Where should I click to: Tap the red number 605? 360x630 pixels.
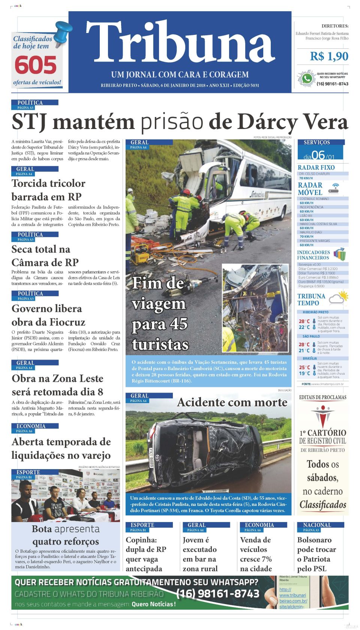pyautogui.click(x=36, y=65)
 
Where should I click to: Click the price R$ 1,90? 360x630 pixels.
pyautogui.click(x=329, y=57)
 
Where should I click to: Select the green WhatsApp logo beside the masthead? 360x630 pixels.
pyautogui.click(x=307, y=79)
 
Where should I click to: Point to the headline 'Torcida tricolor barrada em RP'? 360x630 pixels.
pyautogui.click(x=48, y=190)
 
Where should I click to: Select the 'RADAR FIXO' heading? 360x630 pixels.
pyautogui.click(x=316, y=168)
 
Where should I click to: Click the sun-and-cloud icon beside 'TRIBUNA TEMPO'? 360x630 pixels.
pyautogui.click(x=339, y=298)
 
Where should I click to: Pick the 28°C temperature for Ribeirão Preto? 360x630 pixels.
pyautogui.click(x=304, y=321)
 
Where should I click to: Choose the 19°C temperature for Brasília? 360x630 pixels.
pyautogui.click(x=304, y=373)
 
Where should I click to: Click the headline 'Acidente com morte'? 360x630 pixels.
pyautogui.click(x=232, y=402)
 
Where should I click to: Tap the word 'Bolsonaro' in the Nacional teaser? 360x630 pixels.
pyautogui.click(x=314, y=540)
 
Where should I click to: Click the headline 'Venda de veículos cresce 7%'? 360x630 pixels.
pyautogui.click(x=256, y=554)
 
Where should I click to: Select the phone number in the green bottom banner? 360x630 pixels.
pyautogui.click(x=217, y=594)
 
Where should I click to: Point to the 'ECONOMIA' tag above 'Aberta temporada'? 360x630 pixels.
pyautogui.click(x=31, y=426)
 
